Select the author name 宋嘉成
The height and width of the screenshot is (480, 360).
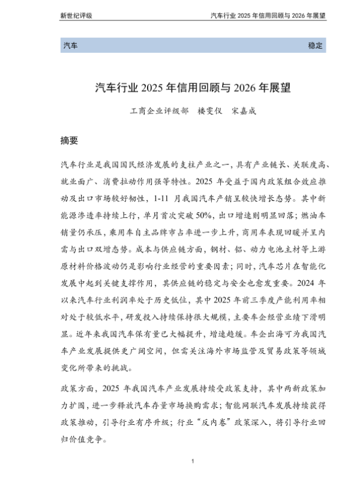(x=252, y=112)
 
